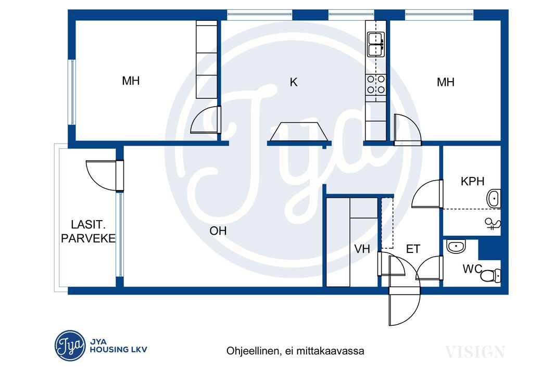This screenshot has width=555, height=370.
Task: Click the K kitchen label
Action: (294, 82)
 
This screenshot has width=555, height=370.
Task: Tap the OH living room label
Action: (218, 231)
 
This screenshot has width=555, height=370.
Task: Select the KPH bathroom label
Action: (472, 181)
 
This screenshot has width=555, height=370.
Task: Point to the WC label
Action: (472, 269)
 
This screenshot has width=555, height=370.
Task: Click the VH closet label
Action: (362, 249)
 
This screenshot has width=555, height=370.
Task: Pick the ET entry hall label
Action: (413, 249)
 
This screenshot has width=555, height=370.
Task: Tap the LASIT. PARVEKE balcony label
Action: (88, 232)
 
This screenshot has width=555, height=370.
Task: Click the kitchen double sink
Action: (376, 45)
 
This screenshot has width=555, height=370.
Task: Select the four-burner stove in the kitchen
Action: (376, 84)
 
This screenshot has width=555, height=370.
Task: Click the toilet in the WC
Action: (490, 275)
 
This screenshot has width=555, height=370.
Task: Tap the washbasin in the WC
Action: (456, 246)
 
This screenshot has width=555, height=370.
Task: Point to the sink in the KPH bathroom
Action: (494, 198)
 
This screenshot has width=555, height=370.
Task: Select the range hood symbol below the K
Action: (299, 132)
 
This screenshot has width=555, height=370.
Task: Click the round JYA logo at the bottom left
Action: (70, 346)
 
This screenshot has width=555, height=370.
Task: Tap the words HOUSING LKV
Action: (118, 350)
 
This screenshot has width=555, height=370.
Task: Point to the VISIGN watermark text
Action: (475, 352)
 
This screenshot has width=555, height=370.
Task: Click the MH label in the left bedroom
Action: (131, 81)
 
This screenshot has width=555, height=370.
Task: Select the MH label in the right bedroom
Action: (445, 82)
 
